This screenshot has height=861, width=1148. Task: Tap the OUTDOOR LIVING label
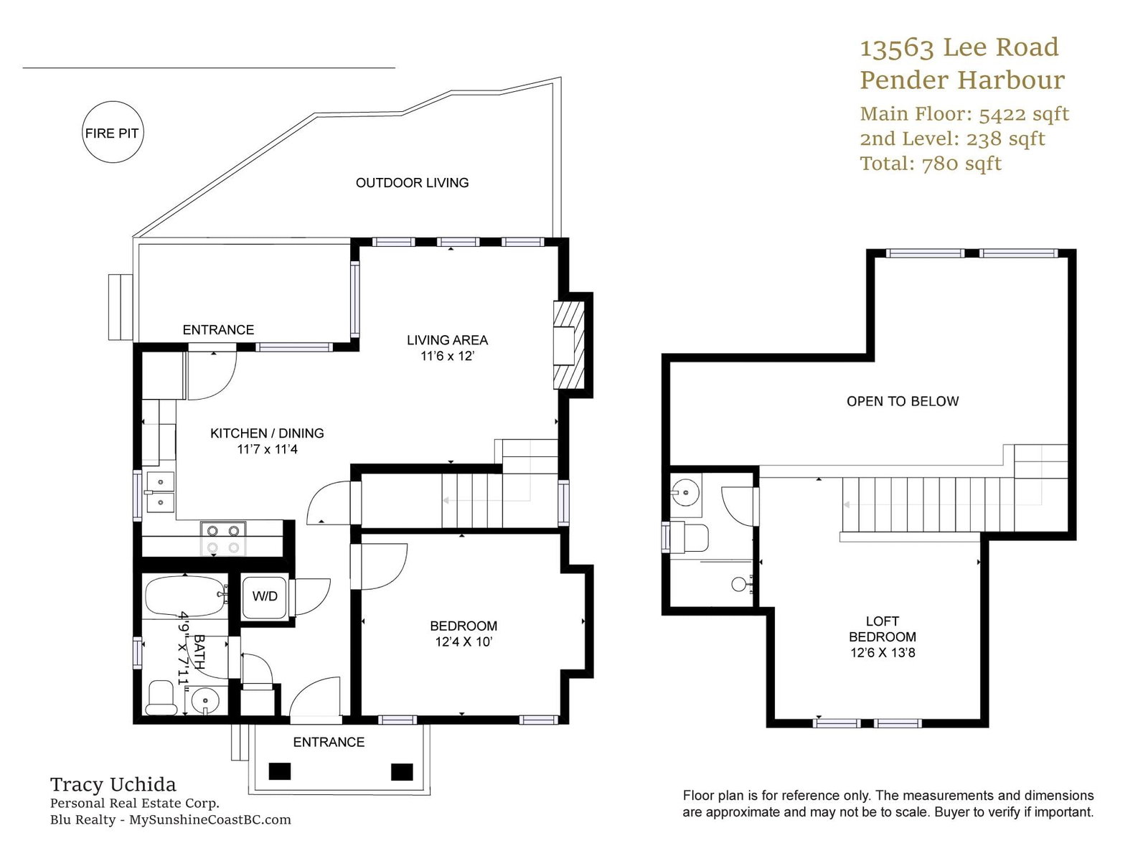pyautogui.click(x=412, y=183)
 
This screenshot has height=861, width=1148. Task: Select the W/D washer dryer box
pyautogui.click(x=265, y=597)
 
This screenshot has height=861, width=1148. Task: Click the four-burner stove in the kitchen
pyautogui.click(x=223, y=539)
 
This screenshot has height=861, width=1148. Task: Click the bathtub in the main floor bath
pyautogui.click(x=186, y=596)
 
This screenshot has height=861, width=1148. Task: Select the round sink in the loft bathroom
pyautogui.click(x=683, y=492)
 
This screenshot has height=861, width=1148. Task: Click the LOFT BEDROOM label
pyautogui.click(x=883, y=629)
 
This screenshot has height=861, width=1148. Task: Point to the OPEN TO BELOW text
pyautogui.click(x=903, y=402)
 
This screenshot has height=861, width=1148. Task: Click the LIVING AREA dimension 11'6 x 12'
pyautogui.click(x=448, y=356)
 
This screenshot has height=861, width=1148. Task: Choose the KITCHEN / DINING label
pyautogui.click(x=267, y=433)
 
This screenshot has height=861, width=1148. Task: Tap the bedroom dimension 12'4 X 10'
pyautogui.click(x=464, y=641)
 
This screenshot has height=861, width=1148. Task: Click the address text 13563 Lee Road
pyautogui.click(x=959, y=47)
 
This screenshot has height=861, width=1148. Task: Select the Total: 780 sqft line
pyautogui.click(x=931, y=164)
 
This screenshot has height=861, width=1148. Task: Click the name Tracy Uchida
pyautogui.click(x=113, y=785)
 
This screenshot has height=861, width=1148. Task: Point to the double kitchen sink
pyautogui.click(x=160, y=492)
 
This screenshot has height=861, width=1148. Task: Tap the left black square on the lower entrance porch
pyautogui.click(x=280, y=771)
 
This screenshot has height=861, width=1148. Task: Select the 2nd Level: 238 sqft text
pyautogui.click(x=952, y=139)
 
